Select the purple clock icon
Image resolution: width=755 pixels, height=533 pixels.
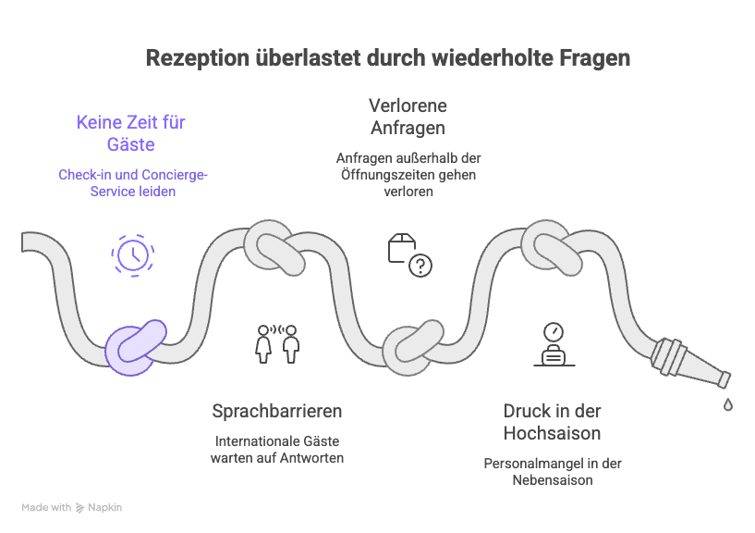pos(133,255)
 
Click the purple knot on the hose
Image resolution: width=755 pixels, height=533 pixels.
pos(136,347)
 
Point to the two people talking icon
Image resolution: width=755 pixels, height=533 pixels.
pos(277,344)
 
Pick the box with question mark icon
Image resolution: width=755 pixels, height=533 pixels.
pos(409,255)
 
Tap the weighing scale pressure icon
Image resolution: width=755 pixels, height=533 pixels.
pos(554,344)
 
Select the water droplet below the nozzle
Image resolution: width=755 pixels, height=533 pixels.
pos(728,404)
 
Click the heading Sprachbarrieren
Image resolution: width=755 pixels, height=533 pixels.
pos(277,411)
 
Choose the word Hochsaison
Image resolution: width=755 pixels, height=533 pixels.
pos(552,433)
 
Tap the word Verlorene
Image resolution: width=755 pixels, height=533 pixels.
pos(408,105)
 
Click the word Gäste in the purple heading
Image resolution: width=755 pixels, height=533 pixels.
pos(131,144)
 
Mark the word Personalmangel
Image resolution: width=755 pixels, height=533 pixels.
pos(533,464)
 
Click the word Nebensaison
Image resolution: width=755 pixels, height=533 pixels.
pos(553,480)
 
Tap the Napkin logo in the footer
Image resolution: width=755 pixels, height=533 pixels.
pos(99,507)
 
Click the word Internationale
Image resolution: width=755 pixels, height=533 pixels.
pos(250,441)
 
